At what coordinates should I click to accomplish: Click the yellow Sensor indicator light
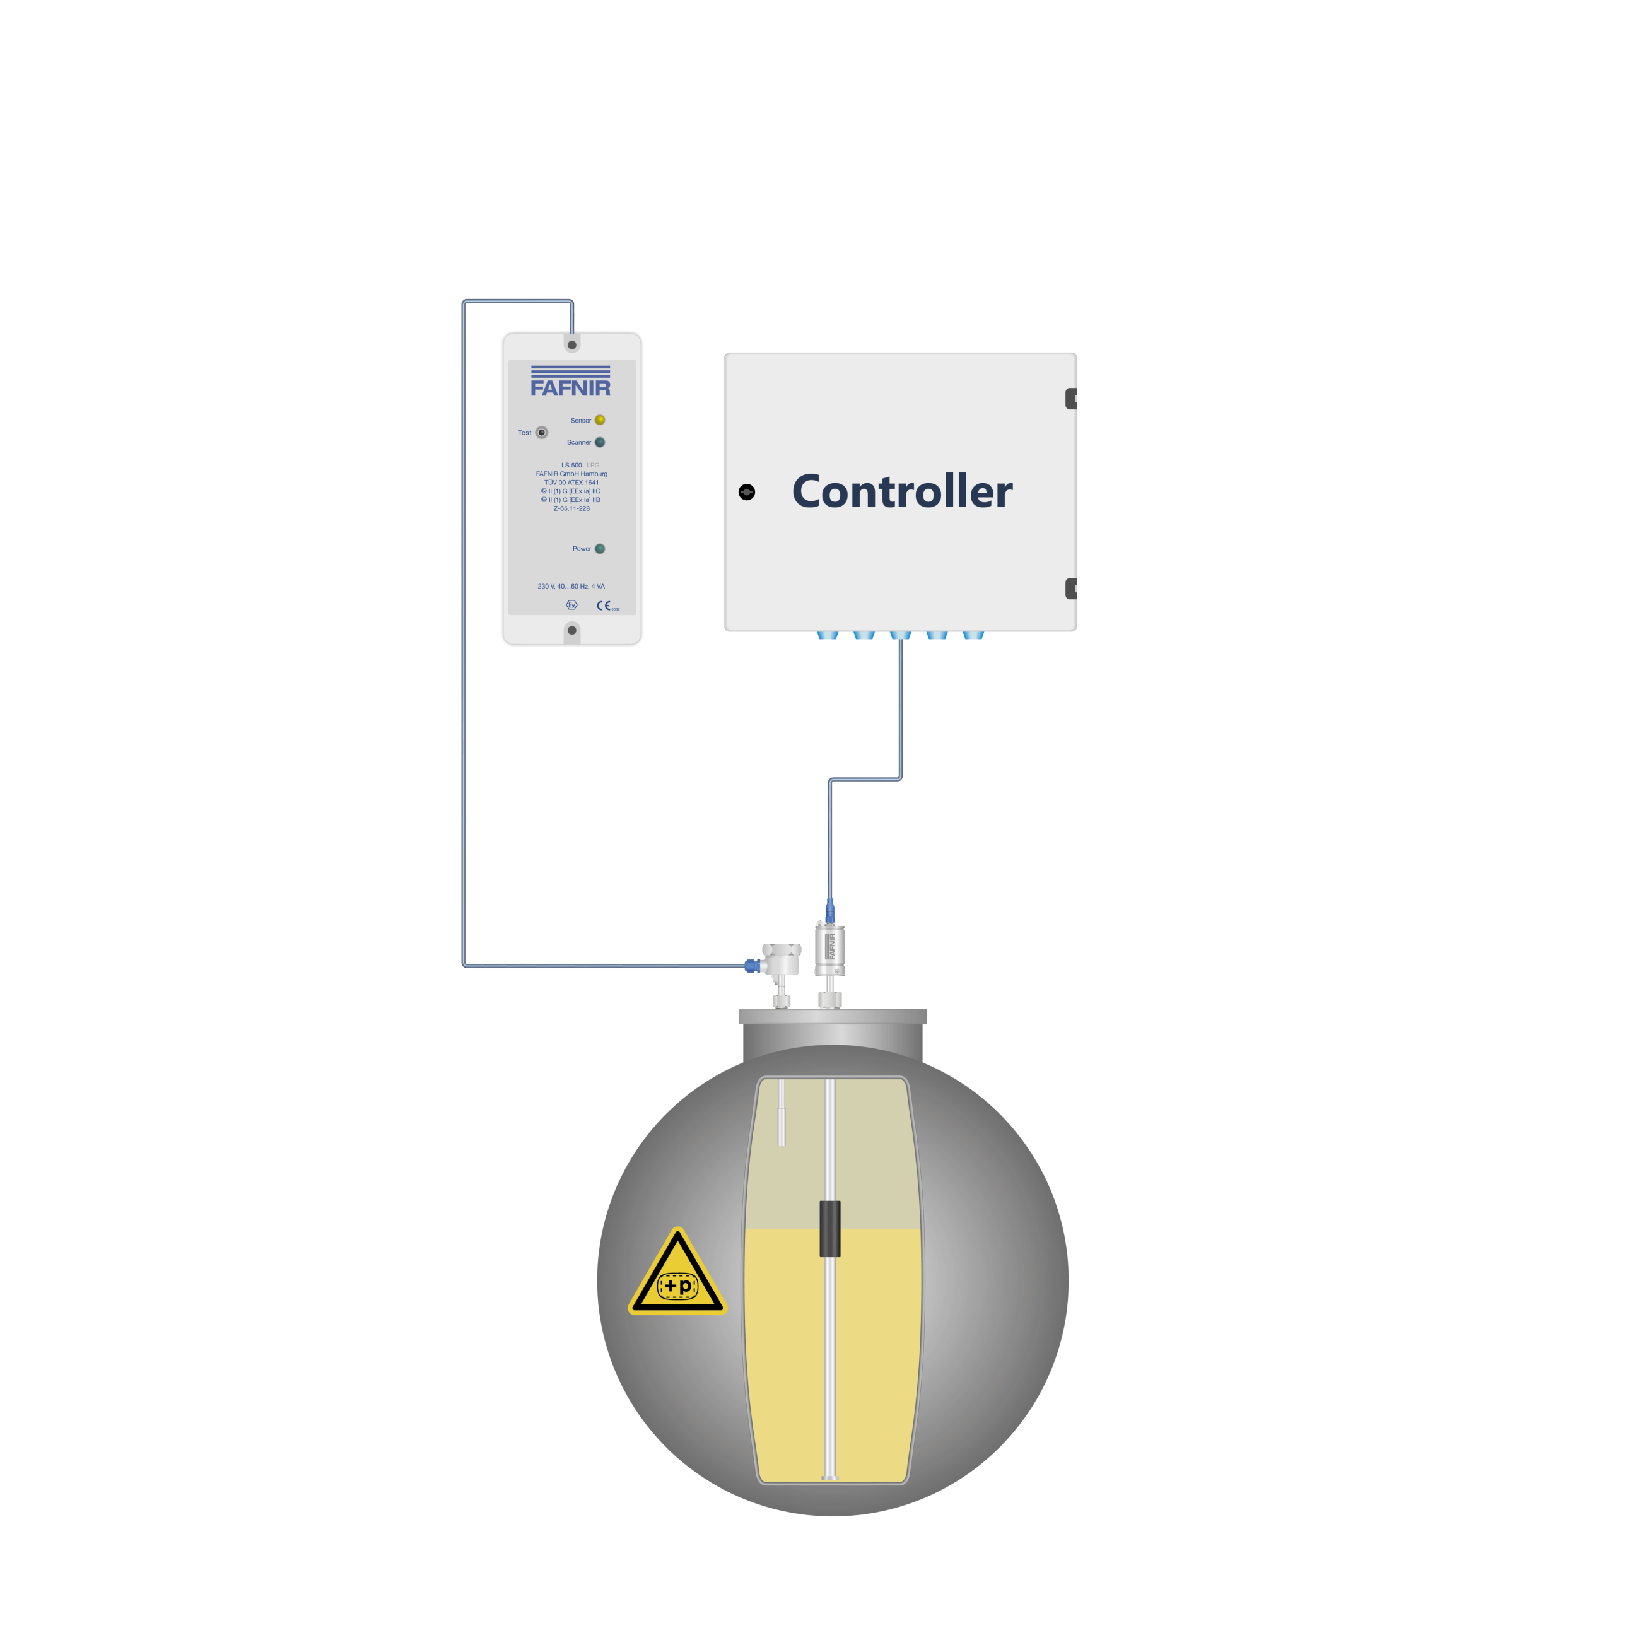coord(599,420)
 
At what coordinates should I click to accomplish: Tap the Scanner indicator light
coord(599,442)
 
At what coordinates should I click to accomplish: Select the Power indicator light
coord(599,548)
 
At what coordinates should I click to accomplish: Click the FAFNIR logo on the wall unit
coord(570,383)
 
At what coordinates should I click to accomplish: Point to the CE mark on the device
coord(604,606)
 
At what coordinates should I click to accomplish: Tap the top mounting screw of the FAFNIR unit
coord(571,344)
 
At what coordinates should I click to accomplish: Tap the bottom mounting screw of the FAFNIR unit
coord(571,630)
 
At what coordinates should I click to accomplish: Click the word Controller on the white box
coord(901,491)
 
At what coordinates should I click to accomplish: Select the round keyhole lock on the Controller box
coord(746,493)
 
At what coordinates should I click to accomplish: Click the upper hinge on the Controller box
coord(1071,398)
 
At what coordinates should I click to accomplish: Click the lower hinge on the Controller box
coord(1071,589)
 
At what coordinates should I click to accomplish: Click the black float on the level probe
coord(829,1228)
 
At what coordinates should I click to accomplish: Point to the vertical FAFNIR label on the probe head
coord(832,946)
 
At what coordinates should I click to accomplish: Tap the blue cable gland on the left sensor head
coord(751,965)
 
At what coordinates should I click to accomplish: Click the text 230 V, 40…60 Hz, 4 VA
coord(571,587)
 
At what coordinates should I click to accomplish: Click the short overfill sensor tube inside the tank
coord(782,1112)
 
